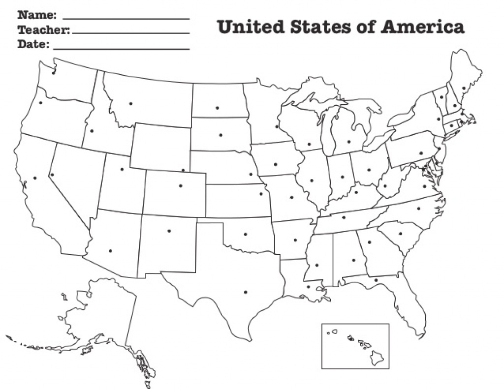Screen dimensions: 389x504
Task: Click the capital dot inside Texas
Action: [x=245, y=292]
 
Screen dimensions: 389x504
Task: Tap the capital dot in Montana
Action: [x=130, y=103]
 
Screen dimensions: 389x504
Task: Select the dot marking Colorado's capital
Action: [x=180, y=186]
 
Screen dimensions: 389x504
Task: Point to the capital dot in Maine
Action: [x=464, y=89]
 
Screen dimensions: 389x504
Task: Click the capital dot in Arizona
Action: [x=110, y=251]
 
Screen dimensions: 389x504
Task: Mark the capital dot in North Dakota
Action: [x=217, y=108]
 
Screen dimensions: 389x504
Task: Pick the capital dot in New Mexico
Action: [x=169, y=230]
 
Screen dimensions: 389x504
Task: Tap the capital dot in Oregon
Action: [x=40, y=103]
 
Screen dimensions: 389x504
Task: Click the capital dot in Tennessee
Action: [x=344, y=217]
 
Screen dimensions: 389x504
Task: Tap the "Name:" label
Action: [x=37, y=15]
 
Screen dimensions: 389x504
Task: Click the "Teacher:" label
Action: [x=44, y=30]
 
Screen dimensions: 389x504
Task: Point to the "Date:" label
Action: [x=33, y=45]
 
